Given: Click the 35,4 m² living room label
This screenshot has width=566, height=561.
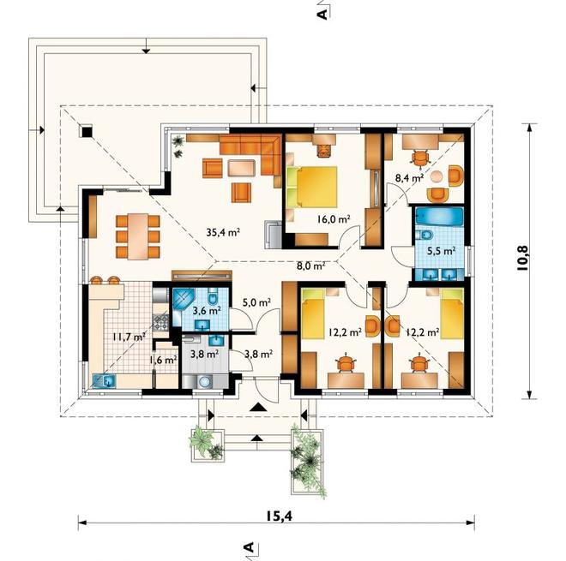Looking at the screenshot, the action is [223, 232].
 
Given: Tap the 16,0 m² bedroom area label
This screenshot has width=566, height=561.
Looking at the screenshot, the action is [334, 218].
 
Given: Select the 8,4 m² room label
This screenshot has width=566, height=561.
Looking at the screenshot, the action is [409, 177].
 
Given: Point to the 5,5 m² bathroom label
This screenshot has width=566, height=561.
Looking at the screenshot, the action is [441, 251].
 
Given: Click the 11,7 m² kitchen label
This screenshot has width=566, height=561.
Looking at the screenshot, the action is [129, 337].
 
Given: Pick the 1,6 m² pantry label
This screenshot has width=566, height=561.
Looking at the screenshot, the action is [163, 360].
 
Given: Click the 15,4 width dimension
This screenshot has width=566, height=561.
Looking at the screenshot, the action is [280, 516].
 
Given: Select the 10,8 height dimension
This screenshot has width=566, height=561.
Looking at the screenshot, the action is [522, 258].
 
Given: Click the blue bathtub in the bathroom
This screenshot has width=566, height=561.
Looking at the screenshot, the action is [439, 217].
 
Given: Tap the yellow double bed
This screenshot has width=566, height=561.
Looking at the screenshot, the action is [312, 187].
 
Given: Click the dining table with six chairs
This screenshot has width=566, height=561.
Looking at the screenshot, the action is [137, 236].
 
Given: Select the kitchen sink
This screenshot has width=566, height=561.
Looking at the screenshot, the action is [105, 381].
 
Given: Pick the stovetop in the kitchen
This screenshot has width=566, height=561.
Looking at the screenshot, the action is [160, 323].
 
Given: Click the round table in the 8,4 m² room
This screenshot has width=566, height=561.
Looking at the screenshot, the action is [437, 176].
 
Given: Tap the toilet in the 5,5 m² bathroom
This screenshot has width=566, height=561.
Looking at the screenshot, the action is [424, 236].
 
